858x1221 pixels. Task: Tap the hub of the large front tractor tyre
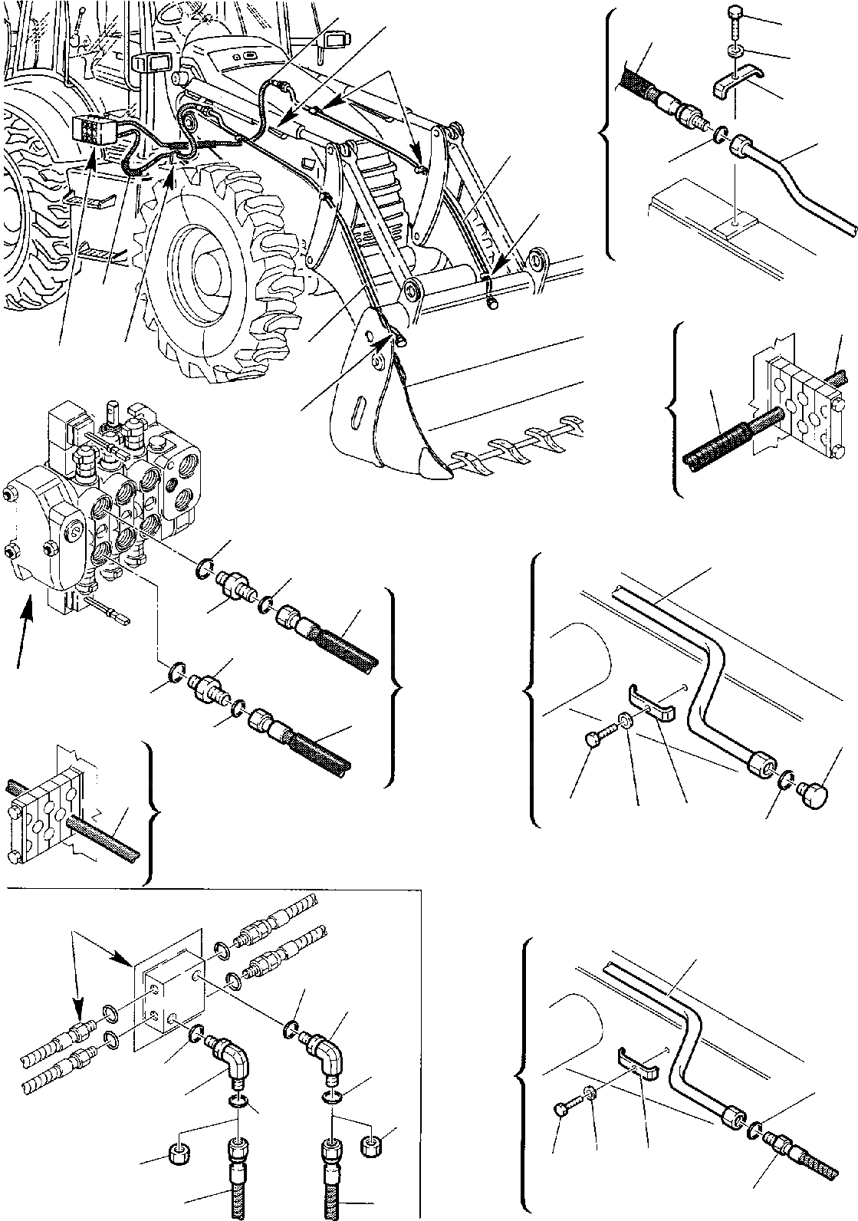pos(202,262)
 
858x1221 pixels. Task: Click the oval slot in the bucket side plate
pos(357,403)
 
